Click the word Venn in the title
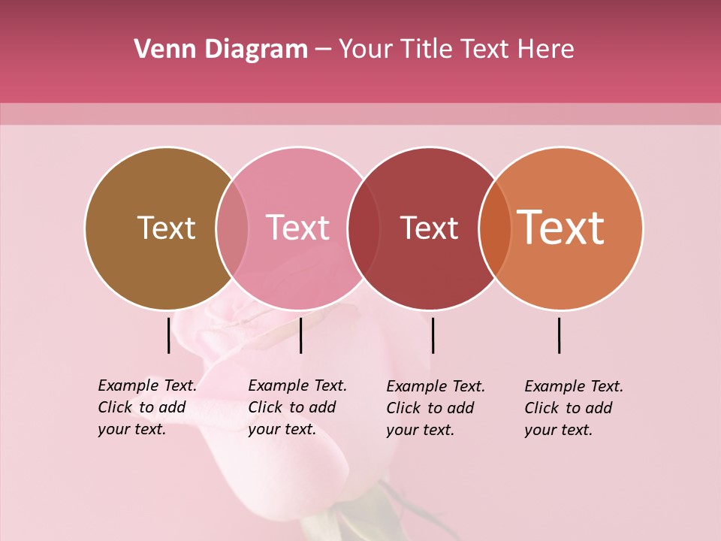click(x=159, y=50)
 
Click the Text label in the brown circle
click(x=166, y=228)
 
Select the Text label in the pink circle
click(x=297, y=228)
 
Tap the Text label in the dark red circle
click(x=429, y=228)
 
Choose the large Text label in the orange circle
click(x=561, y=228)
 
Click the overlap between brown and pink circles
click(x=232, y=228)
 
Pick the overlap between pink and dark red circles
click(x=364, y=228)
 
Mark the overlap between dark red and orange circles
click(x=495, y=228)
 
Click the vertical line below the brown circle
click(x=168, y=335)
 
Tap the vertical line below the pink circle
click(x=300, y=335)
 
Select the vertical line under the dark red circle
click(x=433, y=335)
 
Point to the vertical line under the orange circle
click(x=560, y=335)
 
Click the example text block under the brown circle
click(x=147, y=407)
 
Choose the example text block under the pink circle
click(x=297, y=407)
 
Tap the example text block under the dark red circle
click(x=436, y=408)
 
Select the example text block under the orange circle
click(x=574, y=408)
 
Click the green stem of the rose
click(x=398, y=503)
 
